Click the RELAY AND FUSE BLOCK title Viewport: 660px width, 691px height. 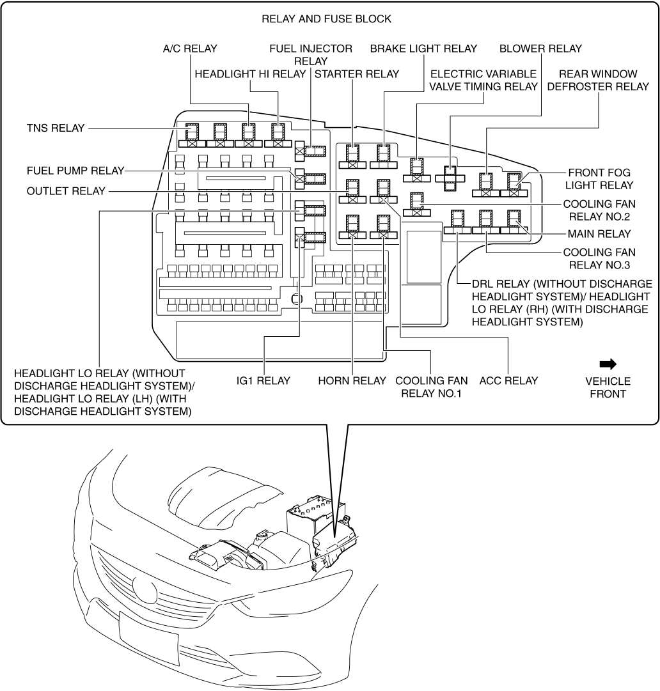[x=326, y=19]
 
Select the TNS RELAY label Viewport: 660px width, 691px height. [x=55, y=128]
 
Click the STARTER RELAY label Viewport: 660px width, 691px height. [x=357, y=74]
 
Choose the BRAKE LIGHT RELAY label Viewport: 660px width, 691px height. [x=423, y=49]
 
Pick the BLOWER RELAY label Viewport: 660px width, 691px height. [x=540, y=49]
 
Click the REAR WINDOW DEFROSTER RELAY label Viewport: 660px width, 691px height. [x=599, y=80]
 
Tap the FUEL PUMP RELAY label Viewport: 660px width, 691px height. [x=75, y=171]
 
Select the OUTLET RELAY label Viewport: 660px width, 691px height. [x=63, y=190]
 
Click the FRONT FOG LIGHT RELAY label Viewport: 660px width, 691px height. [x=600, y=178]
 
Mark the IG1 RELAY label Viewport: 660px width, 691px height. [x=263, y=381]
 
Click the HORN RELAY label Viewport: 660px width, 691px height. [x=352, y=381]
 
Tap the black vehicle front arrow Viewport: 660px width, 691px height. [x=608, y=364]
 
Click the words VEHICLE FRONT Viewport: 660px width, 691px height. [x=608, y=387]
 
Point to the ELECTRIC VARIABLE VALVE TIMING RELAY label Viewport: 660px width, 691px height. [x=484, y=80]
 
